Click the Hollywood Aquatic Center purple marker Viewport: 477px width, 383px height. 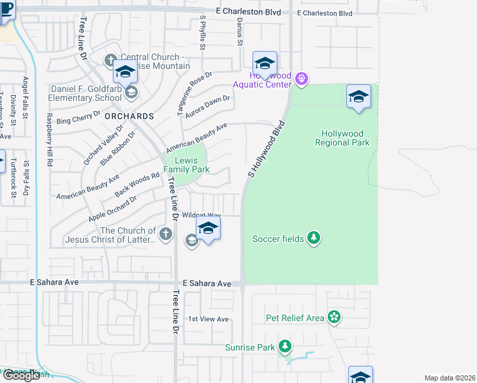point(302,79)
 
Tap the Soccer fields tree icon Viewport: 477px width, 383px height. point(313,238)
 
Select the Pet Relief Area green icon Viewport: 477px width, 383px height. point(334,317)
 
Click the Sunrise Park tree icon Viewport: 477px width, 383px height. point(285,347)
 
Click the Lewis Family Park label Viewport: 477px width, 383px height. point(186,165)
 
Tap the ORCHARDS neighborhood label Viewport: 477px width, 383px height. point(129,117)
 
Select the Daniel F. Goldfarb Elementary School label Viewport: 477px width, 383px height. point(86,93)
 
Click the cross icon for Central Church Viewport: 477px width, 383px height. point(110,61)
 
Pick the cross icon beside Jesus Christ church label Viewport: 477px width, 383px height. point(166,234)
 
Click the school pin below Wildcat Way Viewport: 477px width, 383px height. point(208,229)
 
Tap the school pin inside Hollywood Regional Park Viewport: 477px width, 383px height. point(359,97)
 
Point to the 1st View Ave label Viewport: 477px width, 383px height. point(208,319)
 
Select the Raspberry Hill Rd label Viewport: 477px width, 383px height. point(48,139)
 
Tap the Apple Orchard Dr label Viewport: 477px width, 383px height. point(112,208)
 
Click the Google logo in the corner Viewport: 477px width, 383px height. point(20,375)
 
